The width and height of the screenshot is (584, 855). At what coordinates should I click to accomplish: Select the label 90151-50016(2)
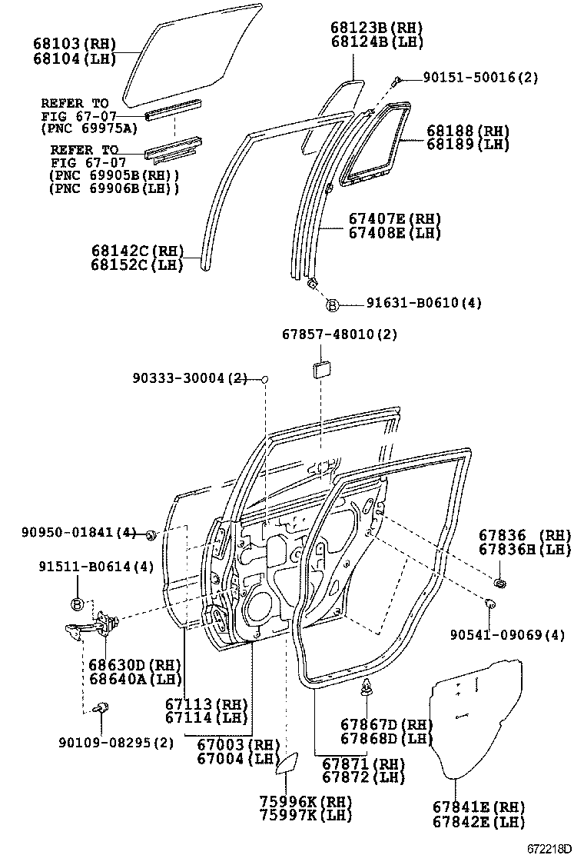(x=479, y=78)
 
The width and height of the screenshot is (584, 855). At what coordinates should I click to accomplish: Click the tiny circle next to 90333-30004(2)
(x=264, y=379)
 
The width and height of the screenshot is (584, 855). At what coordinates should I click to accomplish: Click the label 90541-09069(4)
(x=507, y=635)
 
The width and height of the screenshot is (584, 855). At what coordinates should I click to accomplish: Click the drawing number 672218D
(x=549, y=848)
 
